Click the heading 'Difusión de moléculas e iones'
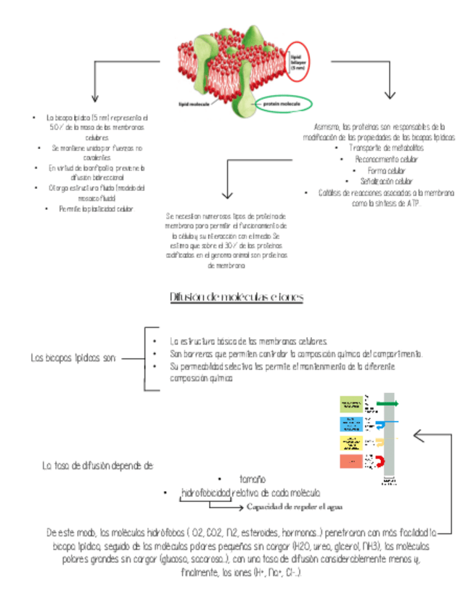(236, 297)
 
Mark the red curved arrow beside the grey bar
(378, 461)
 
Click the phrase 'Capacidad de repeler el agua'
(295, 506)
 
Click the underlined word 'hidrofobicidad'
(205, 493)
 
